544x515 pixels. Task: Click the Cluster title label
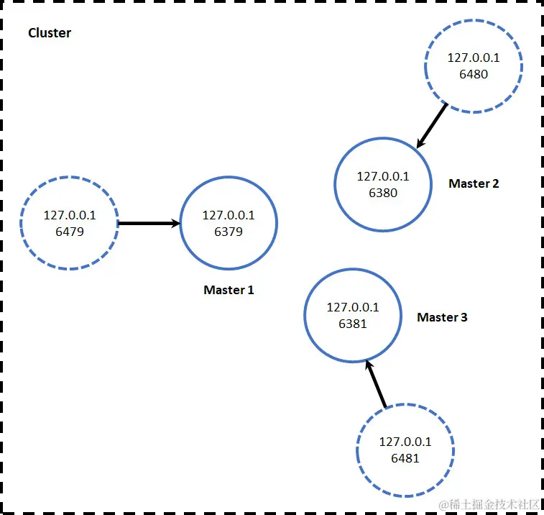50,33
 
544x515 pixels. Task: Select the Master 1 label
229,291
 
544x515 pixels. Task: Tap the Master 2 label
474,183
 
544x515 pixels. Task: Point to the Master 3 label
442,317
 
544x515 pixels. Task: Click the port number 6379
229,232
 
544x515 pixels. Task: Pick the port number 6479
69,232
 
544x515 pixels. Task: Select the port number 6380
383,193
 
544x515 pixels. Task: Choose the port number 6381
353,324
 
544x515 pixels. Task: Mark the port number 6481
405,458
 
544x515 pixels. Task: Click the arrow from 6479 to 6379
148,224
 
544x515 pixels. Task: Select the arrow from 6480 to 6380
433,126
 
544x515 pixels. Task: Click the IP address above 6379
229,215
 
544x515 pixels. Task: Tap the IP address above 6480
474,57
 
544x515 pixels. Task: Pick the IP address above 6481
405,442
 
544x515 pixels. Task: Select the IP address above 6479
69,215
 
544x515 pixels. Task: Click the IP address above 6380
383,176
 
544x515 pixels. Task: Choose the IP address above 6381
353,307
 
